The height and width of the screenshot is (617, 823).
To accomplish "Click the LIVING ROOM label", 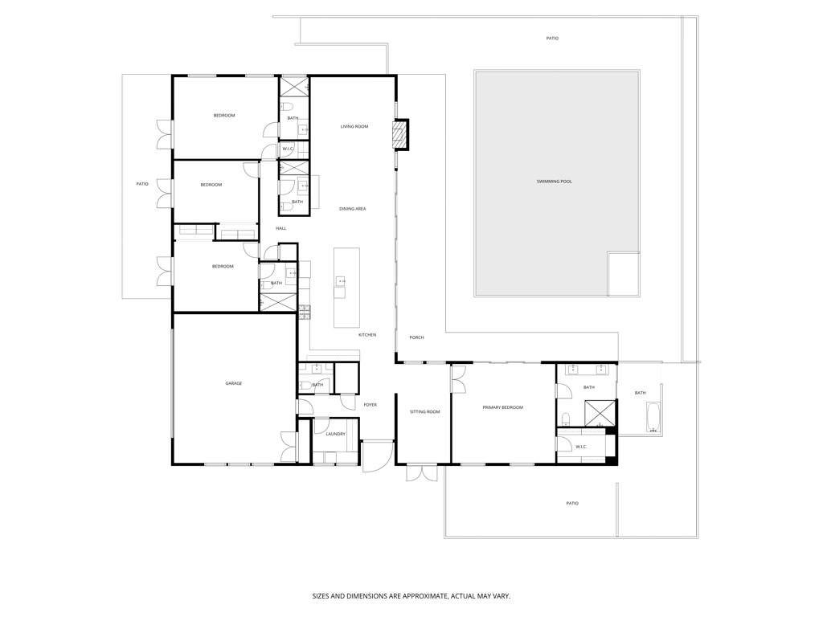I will (354, 126).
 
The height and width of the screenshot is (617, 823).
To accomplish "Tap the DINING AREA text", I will (352, 209).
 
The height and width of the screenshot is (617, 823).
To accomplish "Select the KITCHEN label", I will (366, 335).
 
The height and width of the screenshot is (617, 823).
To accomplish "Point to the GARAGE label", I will (234, 383).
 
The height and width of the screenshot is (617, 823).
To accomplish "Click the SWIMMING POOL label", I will (555, 182).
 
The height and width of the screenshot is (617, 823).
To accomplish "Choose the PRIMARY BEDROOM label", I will (502, 408).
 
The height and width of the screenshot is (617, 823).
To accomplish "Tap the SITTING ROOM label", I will (424, 412).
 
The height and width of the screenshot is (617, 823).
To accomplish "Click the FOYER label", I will (370, 405).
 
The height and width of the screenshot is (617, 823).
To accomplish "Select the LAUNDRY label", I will (335, 434).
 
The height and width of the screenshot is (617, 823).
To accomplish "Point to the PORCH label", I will (416, 337).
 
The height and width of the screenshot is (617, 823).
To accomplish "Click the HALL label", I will (281, 228).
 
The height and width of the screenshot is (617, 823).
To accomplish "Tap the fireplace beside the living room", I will (400, 134).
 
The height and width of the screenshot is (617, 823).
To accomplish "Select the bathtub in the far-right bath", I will (653, 417).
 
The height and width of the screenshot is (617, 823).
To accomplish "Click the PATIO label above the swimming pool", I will (552, 39).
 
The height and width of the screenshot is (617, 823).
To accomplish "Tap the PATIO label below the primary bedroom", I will (571, 504).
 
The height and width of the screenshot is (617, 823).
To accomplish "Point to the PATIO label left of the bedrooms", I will (142, 184).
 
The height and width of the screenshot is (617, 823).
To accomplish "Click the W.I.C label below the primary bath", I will (582, 447).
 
